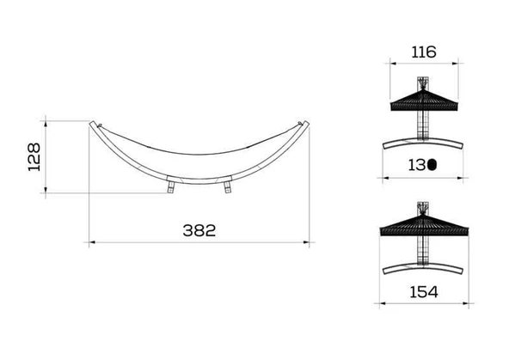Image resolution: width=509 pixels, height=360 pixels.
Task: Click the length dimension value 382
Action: [198, 230]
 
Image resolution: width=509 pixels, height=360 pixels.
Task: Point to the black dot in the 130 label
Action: [432, 163]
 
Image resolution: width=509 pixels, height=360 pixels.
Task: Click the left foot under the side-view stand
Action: [172, 186]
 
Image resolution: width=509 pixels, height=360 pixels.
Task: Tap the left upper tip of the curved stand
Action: [93, 125]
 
